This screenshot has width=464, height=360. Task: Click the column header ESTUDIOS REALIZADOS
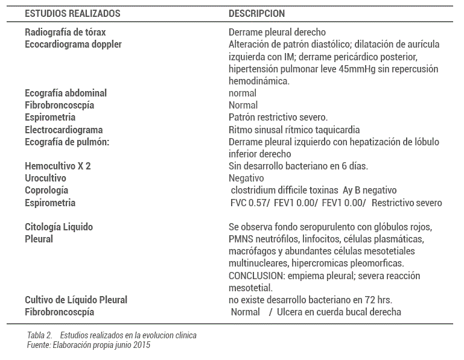[x=72, y=13]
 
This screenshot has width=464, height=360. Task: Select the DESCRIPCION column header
[x=256, y=13]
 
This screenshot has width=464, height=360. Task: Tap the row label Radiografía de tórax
[x=65, y=32]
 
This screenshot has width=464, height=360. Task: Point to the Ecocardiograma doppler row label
[x=73, y=44]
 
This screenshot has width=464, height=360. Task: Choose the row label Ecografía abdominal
[x=66, y=93]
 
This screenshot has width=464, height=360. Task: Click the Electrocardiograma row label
[x=64, y=130]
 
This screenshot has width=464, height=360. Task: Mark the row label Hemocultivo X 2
[x=58, y=166]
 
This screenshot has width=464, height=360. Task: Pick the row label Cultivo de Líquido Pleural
[x=76, y=300]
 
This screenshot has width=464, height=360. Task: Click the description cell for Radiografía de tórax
[x=277, y=32]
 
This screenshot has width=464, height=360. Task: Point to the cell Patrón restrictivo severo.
[x=278, y=117]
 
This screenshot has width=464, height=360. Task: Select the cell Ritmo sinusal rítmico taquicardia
[x=294, y=130]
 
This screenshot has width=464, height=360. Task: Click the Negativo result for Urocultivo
[x=246, y=178]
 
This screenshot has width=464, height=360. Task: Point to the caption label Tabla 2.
[x=40, y=335]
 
